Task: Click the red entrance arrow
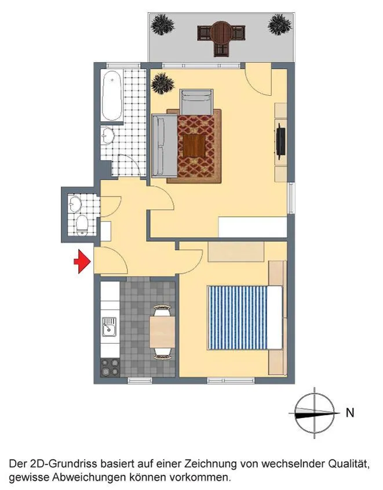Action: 82,262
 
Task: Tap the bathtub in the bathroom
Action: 111,96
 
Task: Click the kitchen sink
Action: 109,327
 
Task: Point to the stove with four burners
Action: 110,367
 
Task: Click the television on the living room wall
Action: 281,139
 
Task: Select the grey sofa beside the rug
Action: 164,146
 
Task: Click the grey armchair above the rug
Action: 196,102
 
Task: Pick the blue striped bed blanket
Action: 237,317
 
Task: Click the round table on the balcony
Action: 221,32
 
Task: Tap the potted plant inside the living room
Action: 163,84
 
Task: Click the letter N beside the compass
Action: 350,413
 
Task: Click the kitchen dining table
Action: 162,332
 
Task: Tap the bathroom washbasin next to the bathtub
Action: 108,136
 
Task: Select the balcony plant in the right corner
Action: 280,24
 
